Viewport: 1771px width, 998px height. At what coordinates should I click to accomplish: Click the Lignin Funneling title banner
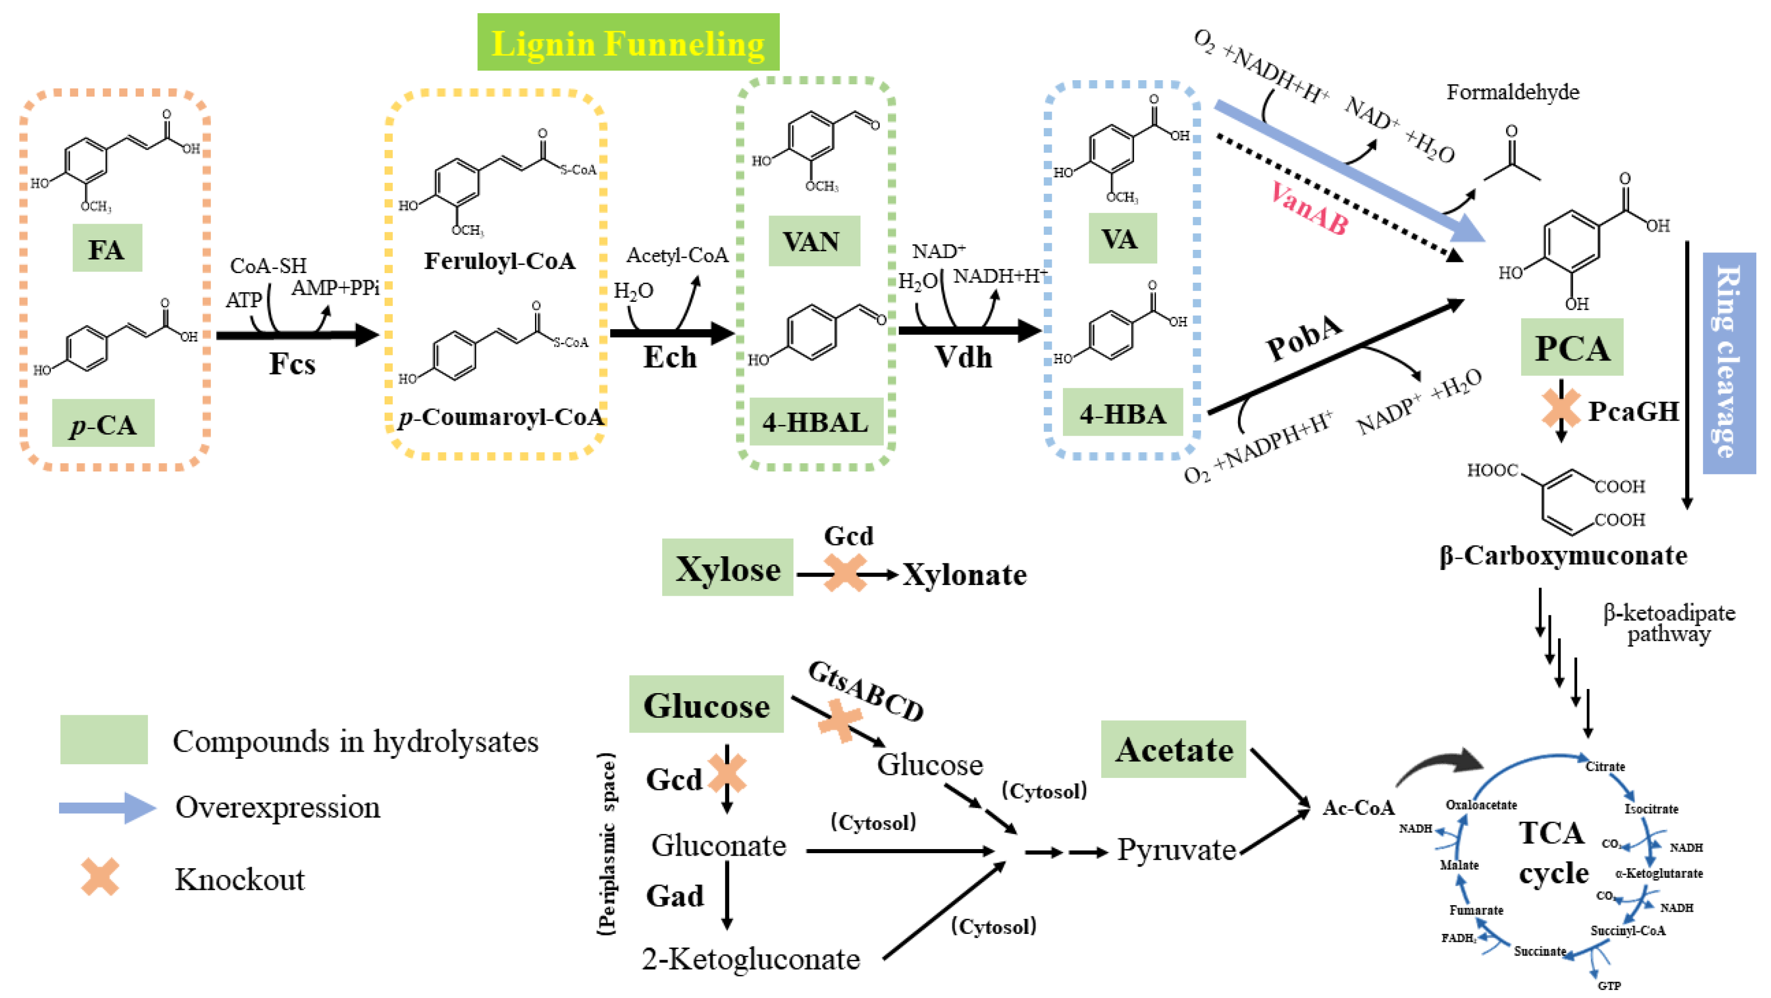click(x=628, y=42)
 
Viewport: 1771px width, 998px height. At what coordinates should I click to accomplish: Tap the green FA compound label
click(x=108, y=248)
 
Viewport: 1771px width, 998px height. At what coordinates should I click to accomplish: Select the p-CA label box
click(x=103, y=424)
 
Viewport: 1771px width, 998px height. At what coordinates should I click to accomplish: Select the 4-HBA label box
click(x=1122, y=413)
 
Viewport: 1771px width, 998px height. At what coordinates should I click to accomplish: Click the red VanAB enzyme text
click(x=1308, y=207)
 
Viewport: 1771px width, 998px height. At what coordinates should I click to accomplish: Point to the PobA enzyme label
click(x=1304, y=338)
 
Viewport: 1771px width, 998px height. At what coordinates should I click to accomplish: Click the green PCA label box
click(x=1571, y=347)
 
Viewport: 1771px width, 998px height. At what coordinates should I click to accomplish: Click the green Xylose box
click(x=727, y=568)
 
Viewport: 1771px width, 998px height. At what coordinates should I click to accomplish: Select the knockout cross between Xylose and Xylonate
click(x=845, y=573)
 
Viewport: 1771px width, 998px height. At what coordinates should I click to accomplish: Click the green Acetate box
click(x=1173, y=750)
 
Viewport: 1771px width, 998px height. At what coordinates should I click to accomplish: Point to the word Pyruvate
click(x=1175, y=850)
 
